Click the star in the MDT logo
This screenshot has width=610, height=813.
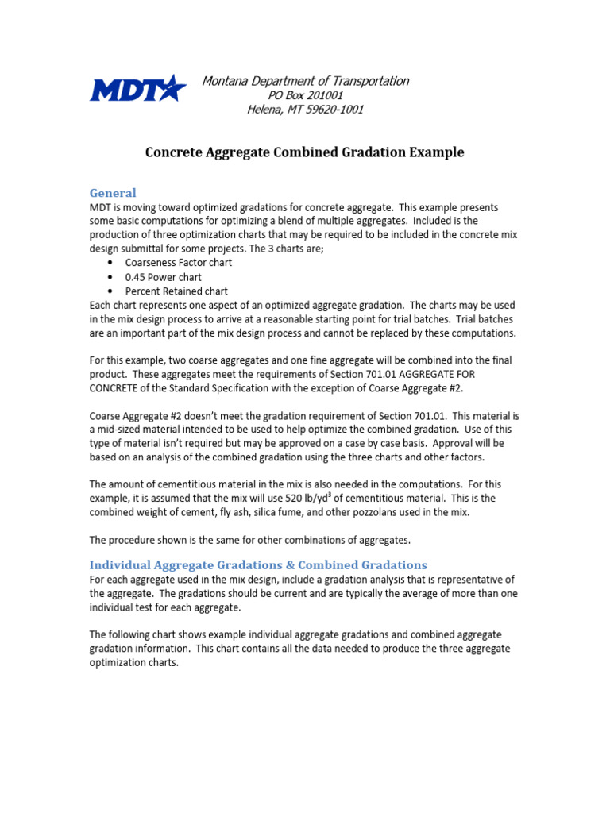point(172,87)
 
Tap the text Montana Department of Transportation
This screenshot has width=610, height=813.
point(306,81)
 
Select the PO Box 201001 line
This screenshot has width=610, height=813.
point(306,95)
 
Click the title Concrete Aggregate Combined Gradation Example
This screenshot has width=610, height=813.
point(304,152)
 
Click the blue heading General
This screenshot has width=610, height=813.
point(113,193)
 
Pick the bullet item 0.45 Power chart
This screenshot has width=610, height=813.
point(164,277)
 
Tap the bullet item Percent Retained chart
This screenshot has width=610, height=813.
point(176,291)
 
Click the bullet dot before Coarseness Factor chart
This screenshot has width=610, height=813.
point(109,264)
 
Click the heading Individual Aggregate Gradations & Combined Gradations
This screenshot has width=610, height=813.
point(258,564)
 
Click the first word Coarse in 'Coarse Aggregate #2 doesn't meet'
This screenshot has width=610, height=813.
point(106,415)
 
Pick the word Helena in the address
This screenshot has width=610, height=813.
point(266,110)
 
